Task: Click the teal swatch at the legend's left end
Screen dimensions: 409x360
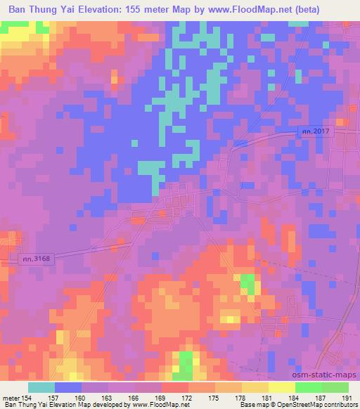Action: [x=41, y=387]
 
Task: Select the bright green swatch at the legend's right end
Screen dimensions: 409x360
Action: [x=335, y=387]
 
